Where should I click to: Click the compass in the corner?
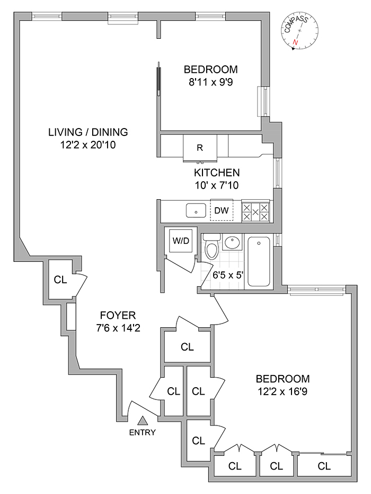pos(299,31)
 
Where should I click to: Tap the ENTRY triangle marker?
pos(142,421)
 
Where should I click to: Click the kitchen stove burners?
pos(256,211)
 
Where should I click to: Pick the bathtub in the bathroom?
pos(260,261)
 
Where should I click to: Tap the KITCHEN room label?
pos(217,173)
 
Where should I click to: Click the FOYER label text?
pos(107,314)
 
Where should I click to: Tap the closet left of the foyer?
pos(60,280)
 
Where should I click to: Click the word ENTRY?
pos(142,432)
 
